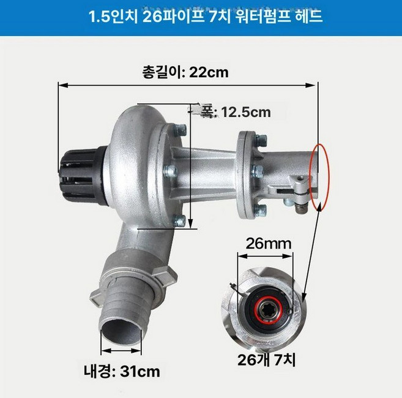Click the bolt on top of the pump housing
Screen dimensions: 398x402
[x=181, y=129]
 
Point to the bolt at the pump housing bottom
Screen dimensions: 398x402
[x=179, y=221]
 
